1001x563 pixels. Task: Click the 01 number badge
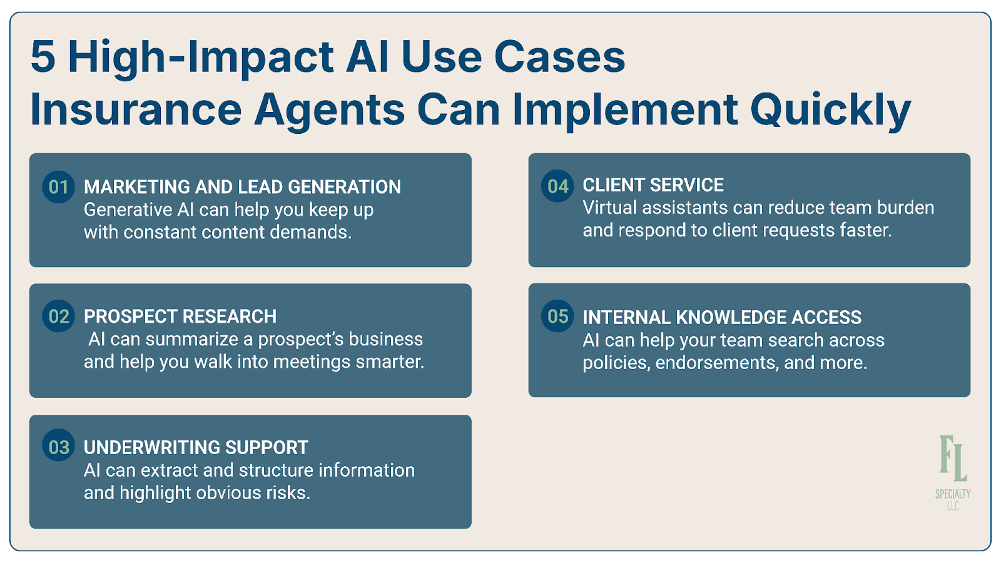coord(58,187)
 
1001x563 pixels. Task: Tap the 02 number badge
coord(58,316)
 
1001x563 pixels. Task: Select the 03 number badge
coord(58,447)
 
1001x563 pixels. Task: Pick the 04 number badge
coord(557,186)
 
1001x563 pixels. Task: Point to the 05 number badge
coord(557,316)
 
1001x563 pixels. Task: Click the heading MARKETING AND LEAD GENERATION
coord(242,187)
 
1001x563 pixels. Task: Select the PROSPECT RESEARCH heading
coord(180,317)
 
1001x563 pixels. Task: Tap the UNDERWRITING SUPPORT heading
coord(196,448)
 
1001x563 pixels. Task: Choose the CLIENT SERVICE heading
coord(653,185)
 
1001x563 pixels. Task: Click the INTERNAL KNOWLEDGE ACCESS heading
coord(722,318)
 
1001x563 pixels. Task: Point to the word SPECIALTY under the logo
coord(953,494)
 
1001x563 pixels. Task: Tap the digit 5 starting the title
coord(43,57)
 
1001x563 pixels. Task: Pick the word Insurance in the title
coord(136,110)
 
